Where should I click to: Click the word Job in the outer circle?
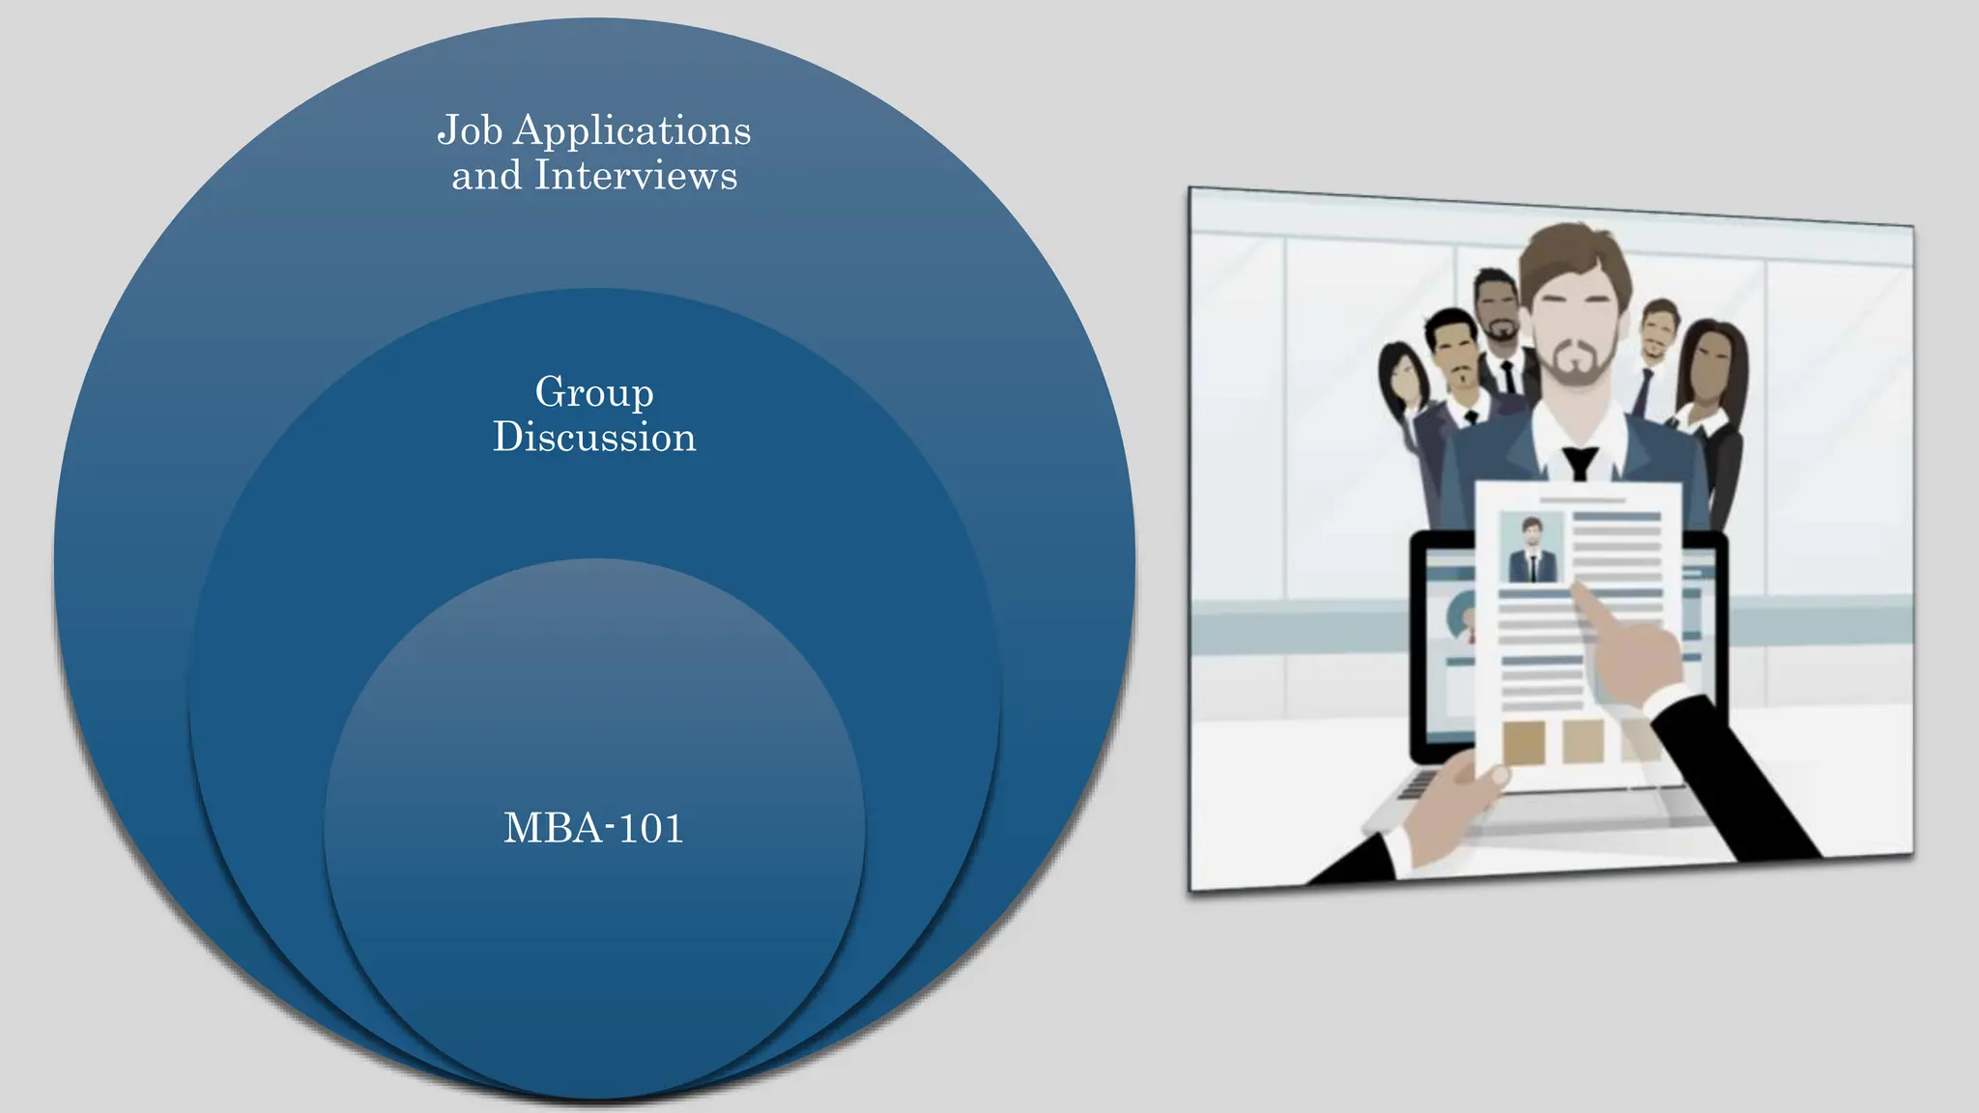tap(470, 130)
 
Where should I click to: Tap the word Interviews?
tap(636, 176)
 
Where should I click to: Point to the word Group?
tap(594, 393)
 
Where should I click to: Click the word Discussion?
tap(594, 437)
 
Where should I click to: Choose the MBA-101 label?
tap(593, 828)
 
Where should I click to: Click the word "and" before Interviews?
tap(486, 176)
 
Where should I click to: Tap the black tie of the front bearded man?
tap(1579, 463)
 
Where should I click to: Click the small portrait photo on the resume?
tap(1532, 549)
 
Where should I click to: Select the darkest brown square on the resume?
tap(1524, 743)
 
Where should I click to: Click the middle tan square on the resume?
tap(1583, 741)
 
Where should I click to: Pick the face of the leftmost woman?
tap(1403, 377)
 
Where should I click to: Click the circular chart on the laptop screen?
tap(1459, 614)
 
